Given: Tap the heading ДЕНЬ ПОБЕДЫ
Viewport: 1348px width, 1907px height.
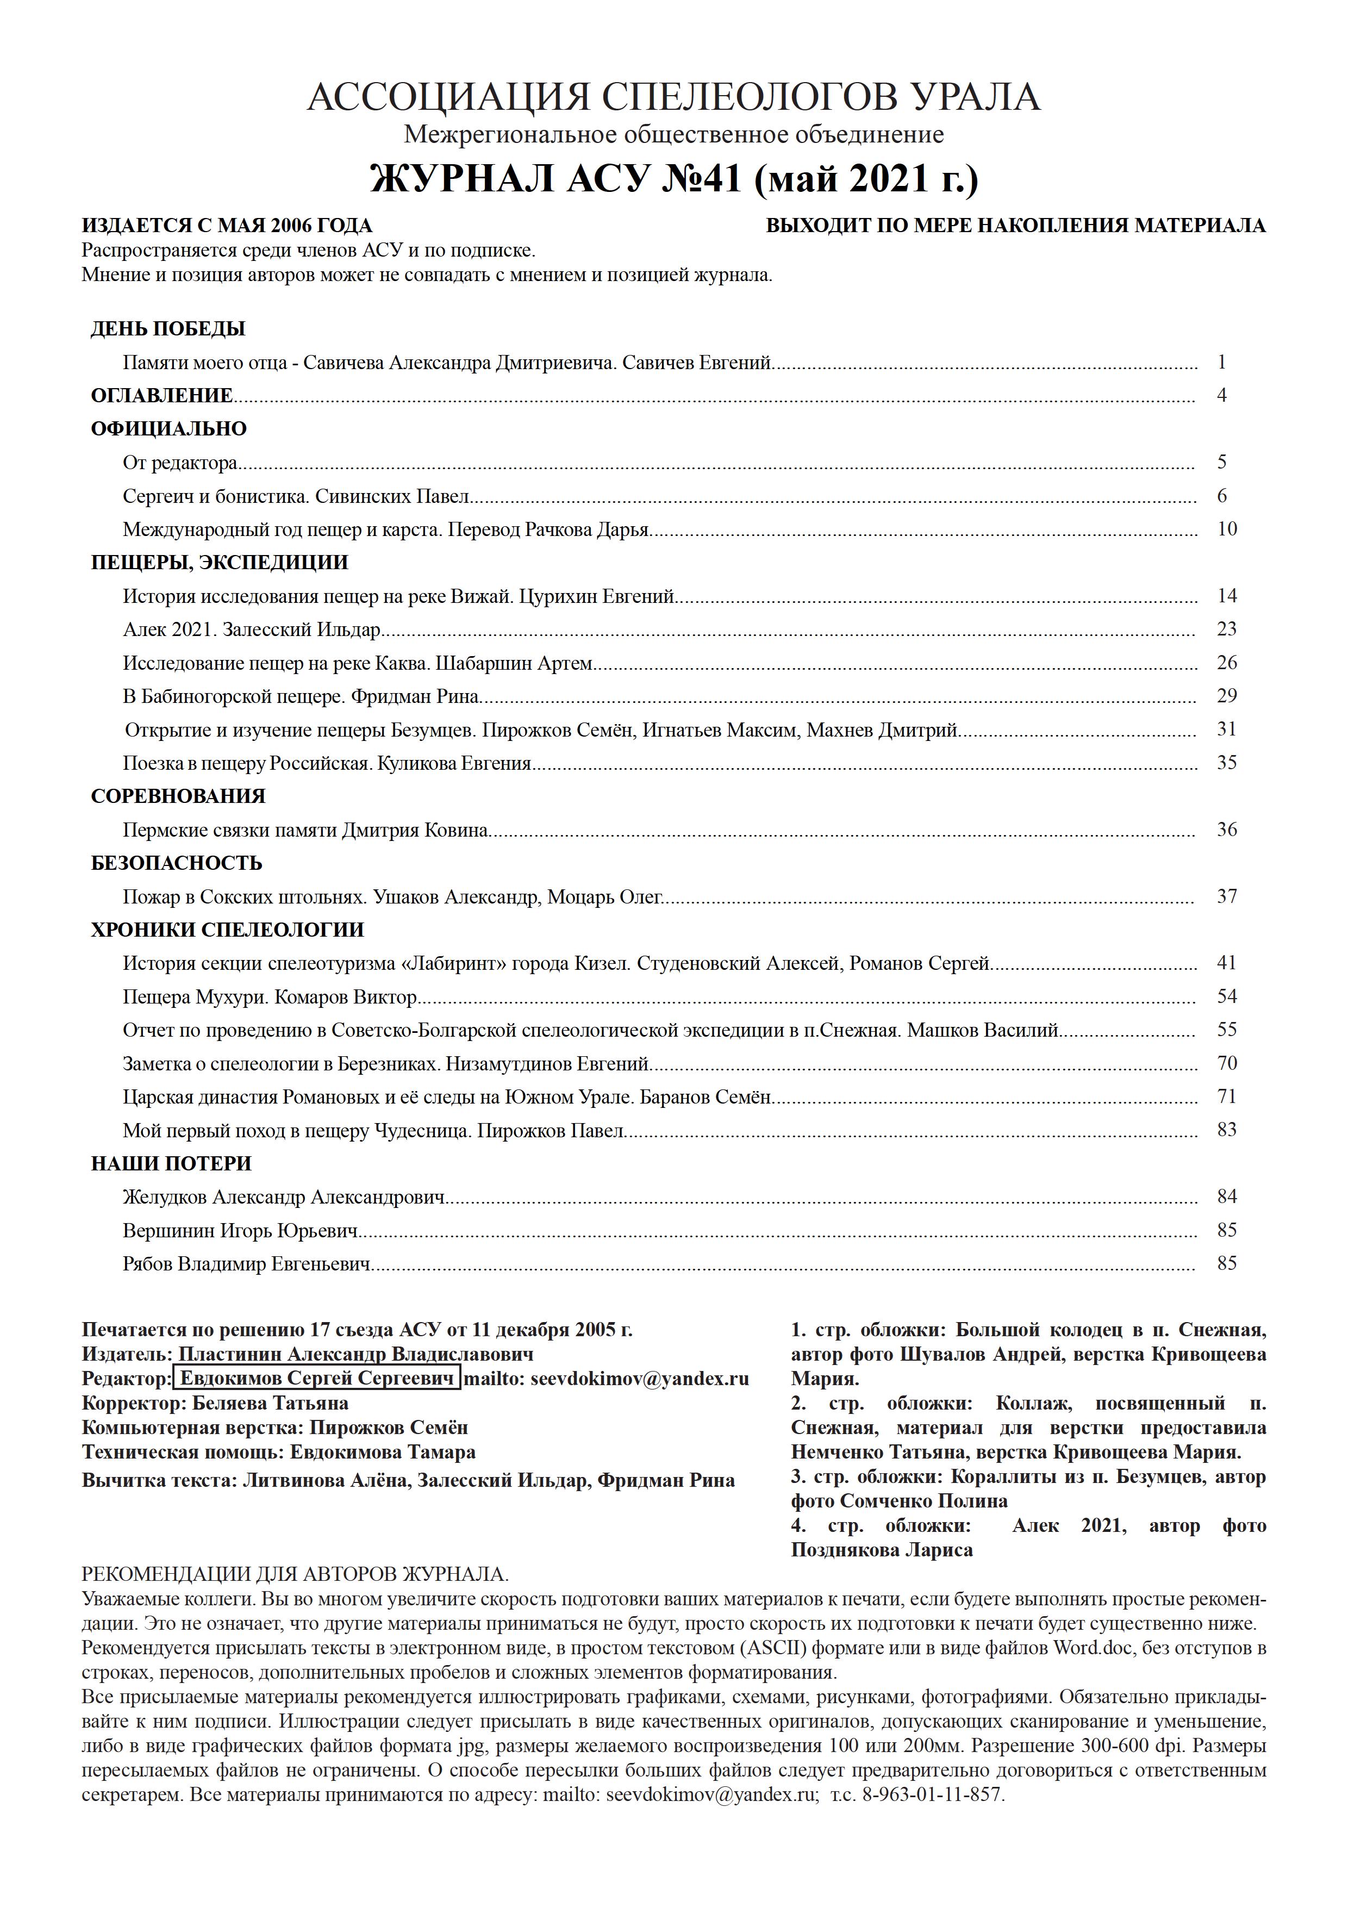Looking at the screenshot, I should [x=168, y=329].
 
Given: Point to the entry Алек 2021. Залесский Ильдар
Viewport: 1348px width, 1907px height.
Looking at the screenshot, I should [x=252, y=630].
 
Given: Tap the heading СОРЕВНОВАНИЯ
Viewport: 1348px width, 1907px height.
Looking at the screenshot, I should [x=178, y=796].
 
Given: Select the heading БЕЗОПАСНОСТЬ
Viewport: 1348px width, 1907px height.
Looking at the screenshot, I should [x=176, y=863].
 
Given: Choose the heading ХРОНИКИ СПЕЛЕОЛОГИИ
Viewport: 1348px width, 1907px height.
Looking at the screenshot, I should [x=228, y=930].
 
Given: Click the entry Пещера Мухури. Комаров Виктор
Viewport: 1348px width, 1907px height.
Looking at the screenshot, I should [x=269, y=996].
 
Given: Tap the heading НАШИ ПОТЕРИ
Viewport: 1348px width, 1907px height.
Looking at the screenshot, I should [x=171, y=1164].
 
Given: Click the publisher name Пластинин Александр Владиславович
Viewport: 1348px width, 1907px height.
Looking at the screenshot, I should [x=355, y=1355].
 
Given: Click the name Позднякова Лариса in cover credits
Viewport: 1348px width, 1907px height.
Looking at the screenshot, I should [x=881, y=1550].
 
